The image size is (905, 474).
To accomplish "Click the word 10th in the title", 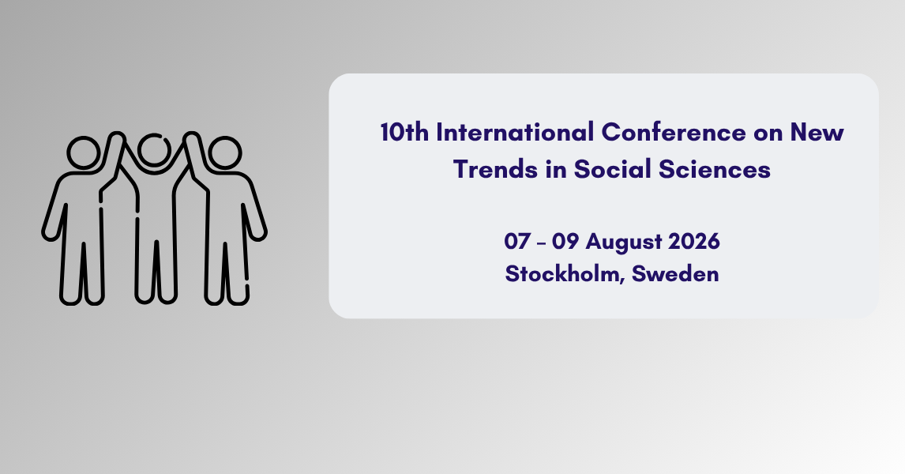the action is [x=404, y=132].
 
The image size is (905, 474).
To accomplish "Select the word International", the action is [x=515, y=132].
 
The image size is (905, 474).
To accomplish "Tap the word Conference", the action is [x=674, y=132].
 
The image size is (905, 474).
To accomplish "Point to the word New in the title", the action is [x=817, y=132].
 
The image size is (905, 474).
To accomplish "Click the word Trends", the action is [x=495, y=169].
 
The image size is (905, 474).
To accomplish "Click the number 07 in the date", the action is [x=516, y=241].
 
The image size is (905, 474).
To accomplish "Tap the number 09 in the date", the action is [x=565, y=241].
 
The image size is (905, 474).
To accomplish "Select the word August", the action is [x=623, y=243].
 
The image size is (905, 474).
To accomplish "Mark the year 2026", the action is [x=694, y=241].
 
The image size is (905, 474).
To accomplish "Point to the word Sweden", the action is [x=675, y=273].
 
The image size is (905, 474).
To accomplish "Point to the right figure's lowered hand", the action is [x=258, y=234].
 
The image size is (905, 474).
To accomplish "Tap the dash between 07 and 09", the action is [x=541, y=243].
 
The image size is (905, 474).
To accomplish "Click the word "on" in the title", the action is [x=768, y=134].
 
